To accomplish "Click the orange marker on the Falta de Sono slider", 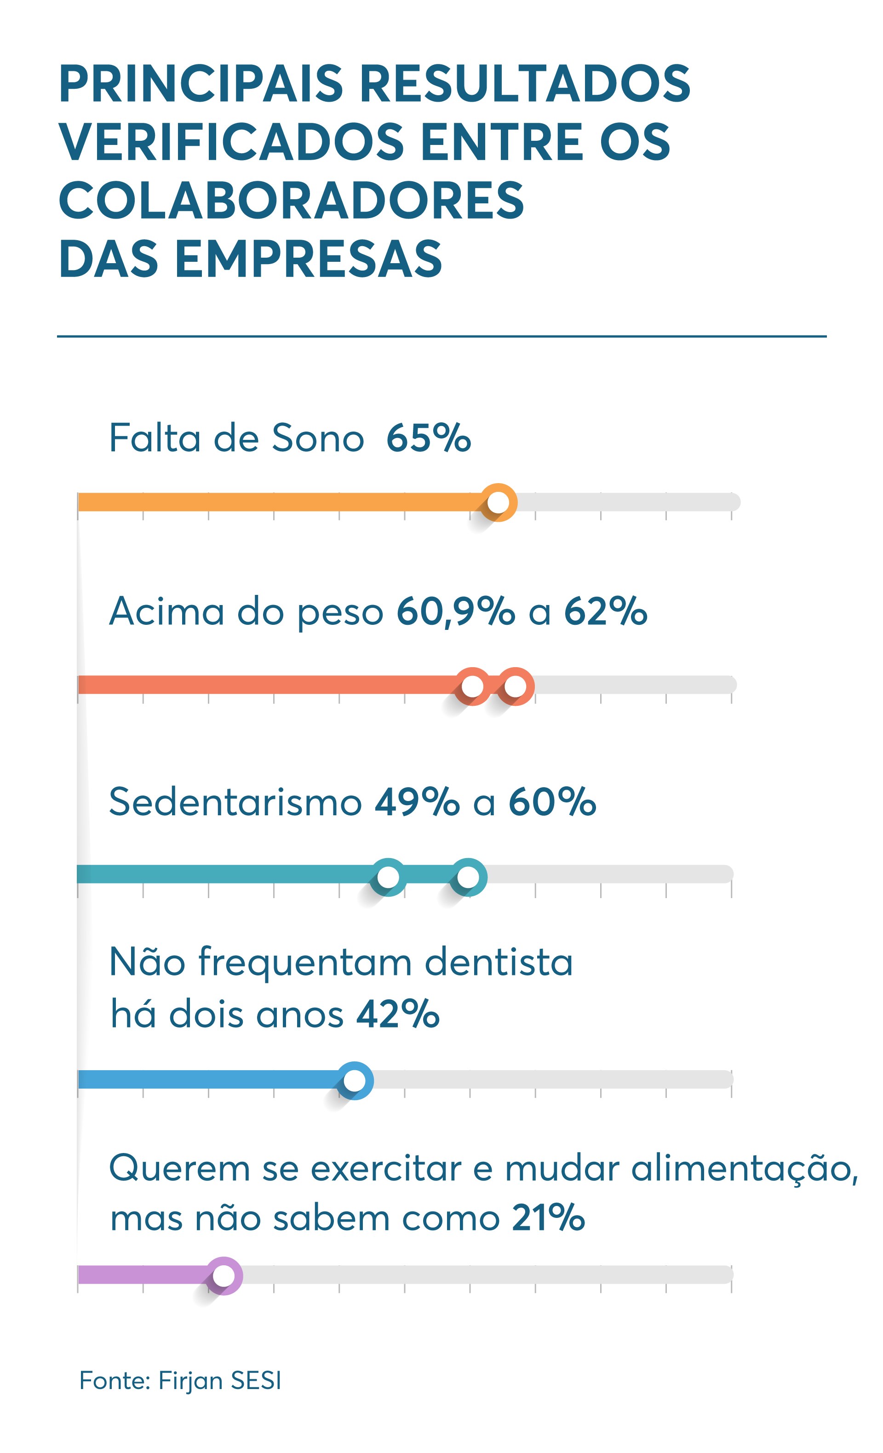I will (498, 502).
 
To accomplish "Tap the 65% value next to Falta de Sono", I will (428, 438).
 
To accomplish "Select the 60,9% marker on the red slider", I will (472, 686).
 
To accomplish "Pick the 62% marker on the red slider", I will (515, 686).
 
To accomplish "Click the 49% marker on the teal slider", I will (388, 877).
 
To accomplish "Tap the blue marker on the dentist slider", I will (354, 1080).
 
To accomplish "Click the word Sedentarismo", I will (235, 802).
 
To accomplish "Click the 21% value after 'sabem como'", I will (548, 1218).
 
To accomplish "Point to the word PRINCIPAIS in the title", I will (201, 84).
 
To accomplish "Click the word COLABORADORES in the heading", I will (291, 201).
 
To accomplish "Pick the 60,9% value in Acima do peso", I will (455, 611).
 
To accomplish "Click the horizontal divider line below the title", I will (441, 337).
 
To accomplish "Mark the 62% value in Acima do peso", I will (605, 611).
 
